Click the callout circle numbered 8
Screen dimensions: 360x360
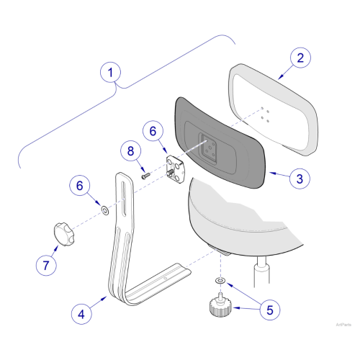click(130, 151)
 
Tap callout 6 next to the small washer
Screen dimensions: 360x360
click(80, 186)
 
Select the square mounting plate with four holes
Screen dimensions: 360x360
click(174, 168)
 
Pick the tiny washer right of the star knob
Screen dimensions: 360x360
click(104, 210)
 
